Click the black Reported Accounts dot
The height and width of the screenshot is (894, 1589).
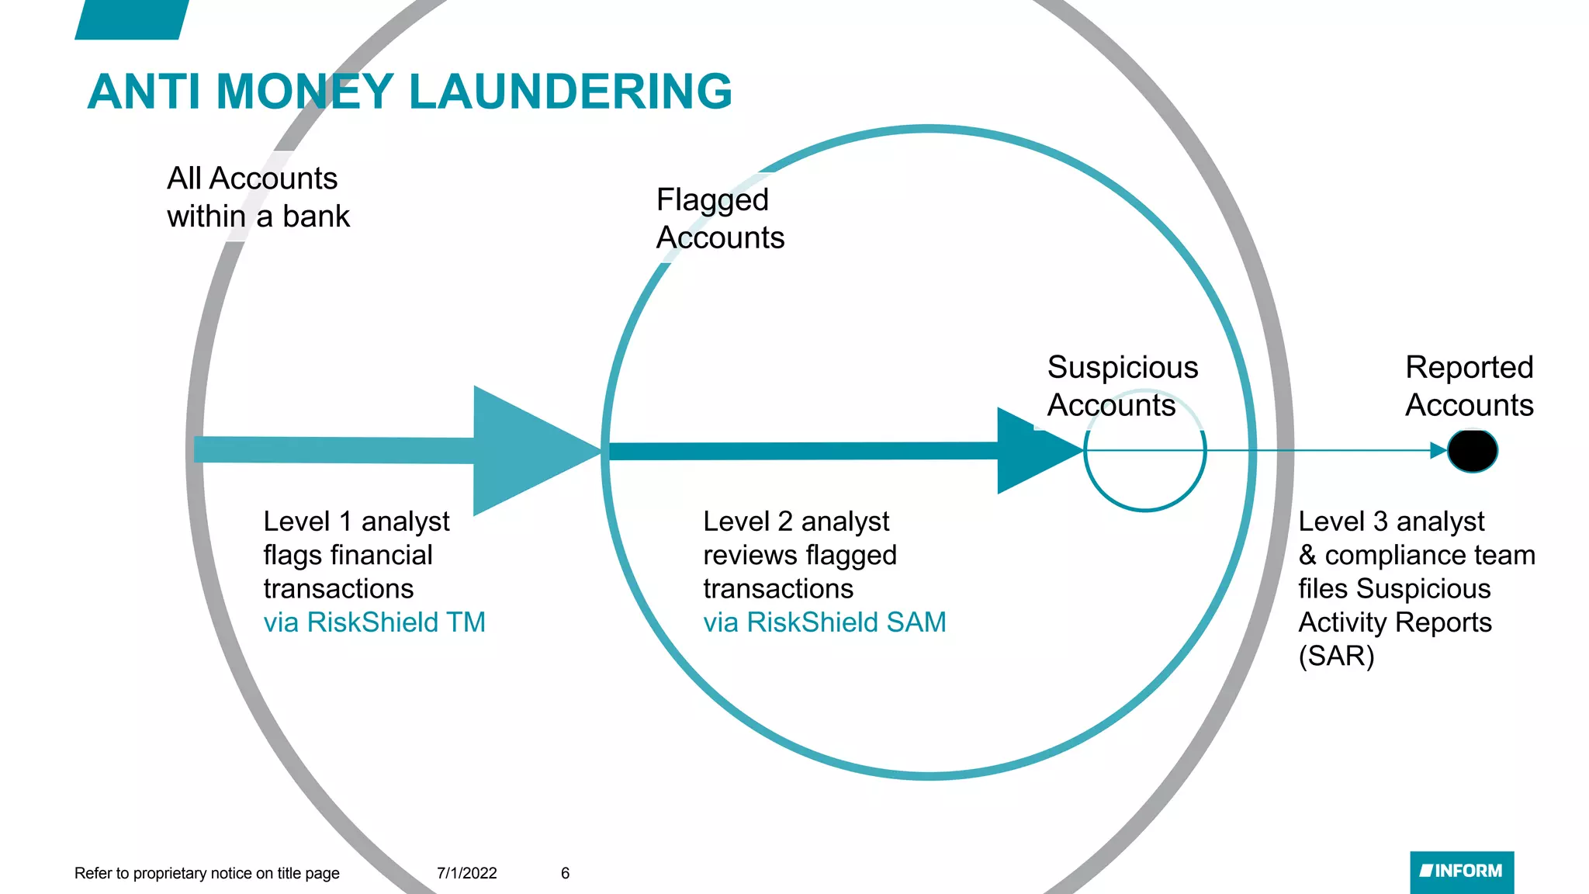[1472, 451]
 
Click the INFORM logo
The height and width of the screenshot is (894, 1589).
[1461, 871]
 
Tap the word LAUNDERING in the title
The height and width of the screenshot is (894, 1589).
[569, 92]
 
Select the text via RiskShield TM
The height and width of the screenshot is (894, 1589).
[374, 622]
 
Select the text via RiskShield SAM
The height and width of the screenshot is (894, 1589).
[824, 622]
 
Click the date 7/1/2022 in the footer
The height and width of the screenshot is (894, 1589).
[466, 873]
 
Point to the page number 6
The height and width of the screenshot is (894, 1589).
[565, 873]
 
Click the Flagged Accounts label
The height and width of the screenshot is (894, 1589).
[719, 219]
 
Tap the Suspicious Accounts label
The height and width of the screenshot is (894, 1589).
[1122, 386]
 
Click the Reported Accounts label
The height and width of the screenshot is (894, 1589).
[1469, 386]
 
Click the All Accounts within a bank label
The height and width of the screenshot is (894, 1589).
[258, 197]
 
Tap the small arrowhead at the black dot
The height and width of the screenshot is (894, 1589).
[1438, 451]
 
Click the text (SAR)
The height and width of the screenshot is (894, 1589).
[1336, 657]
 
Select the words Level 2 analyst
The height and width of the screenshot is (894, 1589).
[795, 521]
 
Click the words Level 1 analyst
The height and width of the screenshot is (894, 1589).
[356, 521]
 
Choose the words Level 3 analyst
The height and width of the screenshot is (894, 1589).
[1391, 521]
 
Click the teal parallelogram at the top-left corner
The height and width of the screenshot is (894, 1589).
[132, 19]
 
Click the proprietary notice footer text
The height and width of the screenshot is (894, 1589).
[206, 873]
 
